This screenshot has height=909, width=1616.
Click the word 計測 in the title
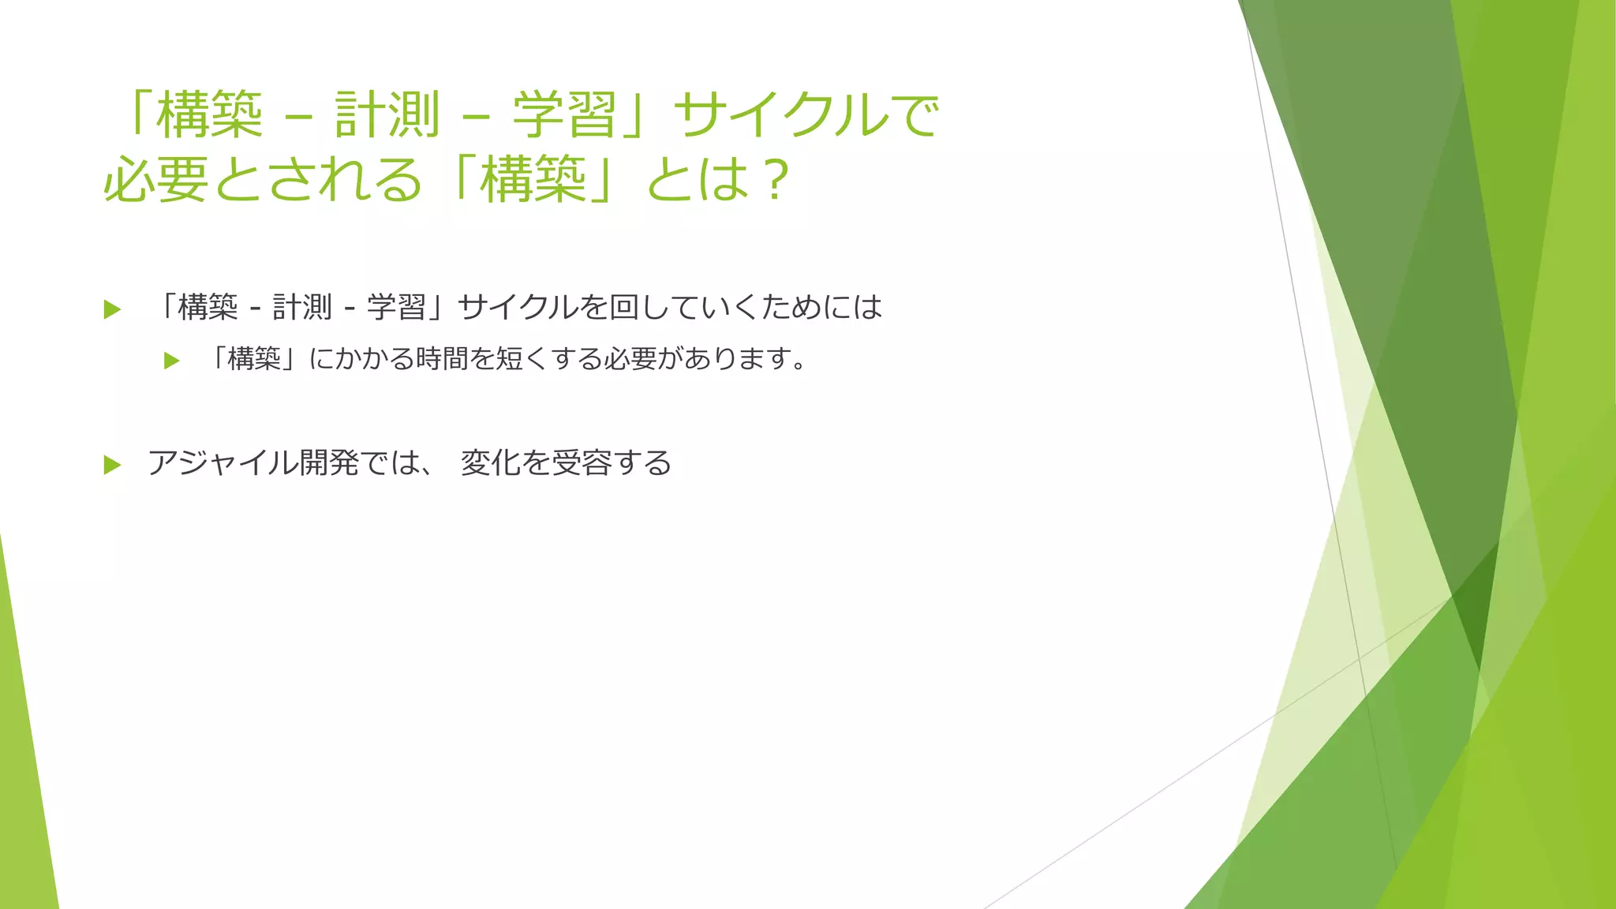click(387, 115)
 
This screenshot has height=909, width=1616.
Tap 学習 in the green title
click(564, 115)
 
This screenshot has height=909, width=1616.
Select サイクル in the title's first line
click(781, 115)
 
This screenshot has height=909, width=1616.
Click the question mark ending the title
click(776, 180)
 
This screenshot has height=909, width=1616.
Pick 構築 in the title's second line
click(533, 180)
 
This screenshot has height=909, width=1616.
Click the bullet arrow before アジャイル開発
click(112, 465)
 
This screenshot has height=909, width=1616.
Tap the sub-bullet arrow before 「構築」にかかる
click(171, 361)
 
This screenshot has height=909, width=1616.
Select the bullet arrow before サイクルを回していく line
click(112, 309)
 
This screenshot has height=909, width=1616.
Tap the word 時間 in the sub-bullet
click(442, 360)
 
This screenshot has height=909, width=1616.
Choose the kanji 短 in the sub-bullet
click(509, 360)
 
